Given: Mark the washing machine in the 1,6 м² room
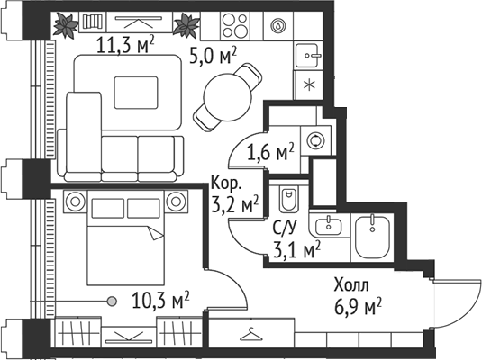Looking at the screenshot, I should [316, 140].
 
